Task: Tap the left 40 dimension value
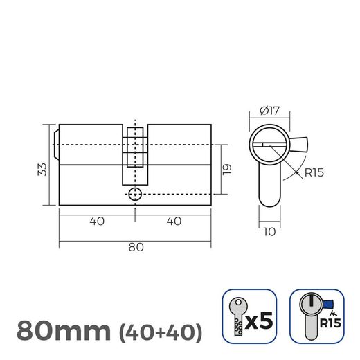point(96,222)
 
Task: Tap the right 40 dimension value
point(173,222)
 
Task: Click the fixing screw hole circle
point(136,193)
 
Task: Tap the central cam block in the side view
point(135,149)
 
